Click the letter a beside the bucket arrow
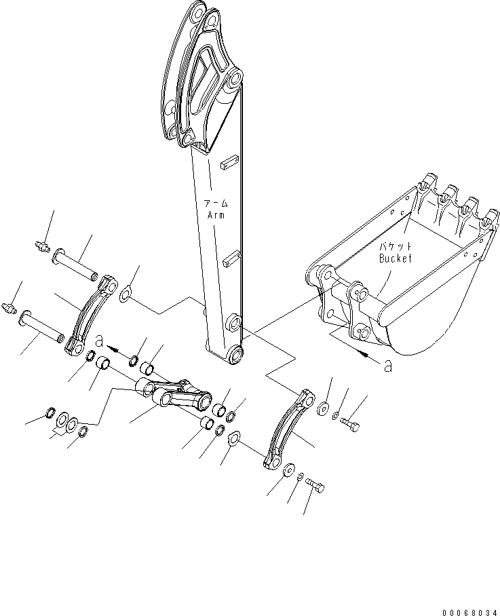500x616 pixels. coord(387,366)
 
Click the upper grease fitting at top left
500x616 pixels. coord(42,247)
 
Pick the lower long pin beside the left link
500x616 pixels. coord(42,326)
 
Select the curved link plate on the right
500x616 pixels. coord(286,429)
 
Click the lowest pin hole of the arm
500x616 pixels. coord(235,353)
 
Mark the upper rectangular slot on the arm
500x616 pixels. coord(229,162)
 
